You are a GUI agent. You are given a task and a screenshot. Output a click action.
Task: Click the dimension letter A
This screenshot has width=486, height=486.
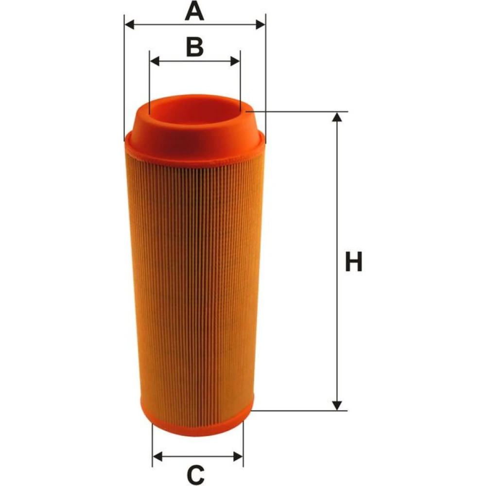pos(194,11)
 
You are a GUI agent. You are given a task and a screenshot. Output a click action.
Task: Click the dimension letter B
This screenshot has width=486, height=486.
pos(195,47)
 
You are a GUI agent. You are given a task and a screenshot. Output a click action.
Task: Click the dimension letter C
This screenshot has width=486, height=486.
pos(196,474)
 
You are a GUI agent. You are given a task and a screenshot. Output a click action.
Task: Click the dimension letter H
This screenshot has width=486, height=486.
pos(354,261)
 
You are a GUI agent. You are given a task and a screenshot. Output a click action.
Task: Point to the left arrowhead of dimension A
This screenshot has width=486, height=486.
pos(129,24)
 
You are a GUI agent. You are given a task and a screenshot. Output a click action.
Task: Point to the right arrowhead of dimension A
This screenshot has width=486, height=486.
pos(260,24)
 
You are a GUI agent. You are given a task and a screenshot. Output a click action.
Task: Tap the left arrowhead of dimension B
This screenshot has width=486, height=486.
pos(155,61)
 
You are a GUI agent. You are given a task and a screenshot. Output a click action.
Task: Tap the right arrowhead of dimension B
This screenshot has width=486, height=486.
pos(235,61)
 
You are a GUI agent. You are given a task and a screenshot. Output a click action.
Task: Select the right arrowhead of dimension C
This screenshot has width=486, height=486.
pos(238,456)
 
